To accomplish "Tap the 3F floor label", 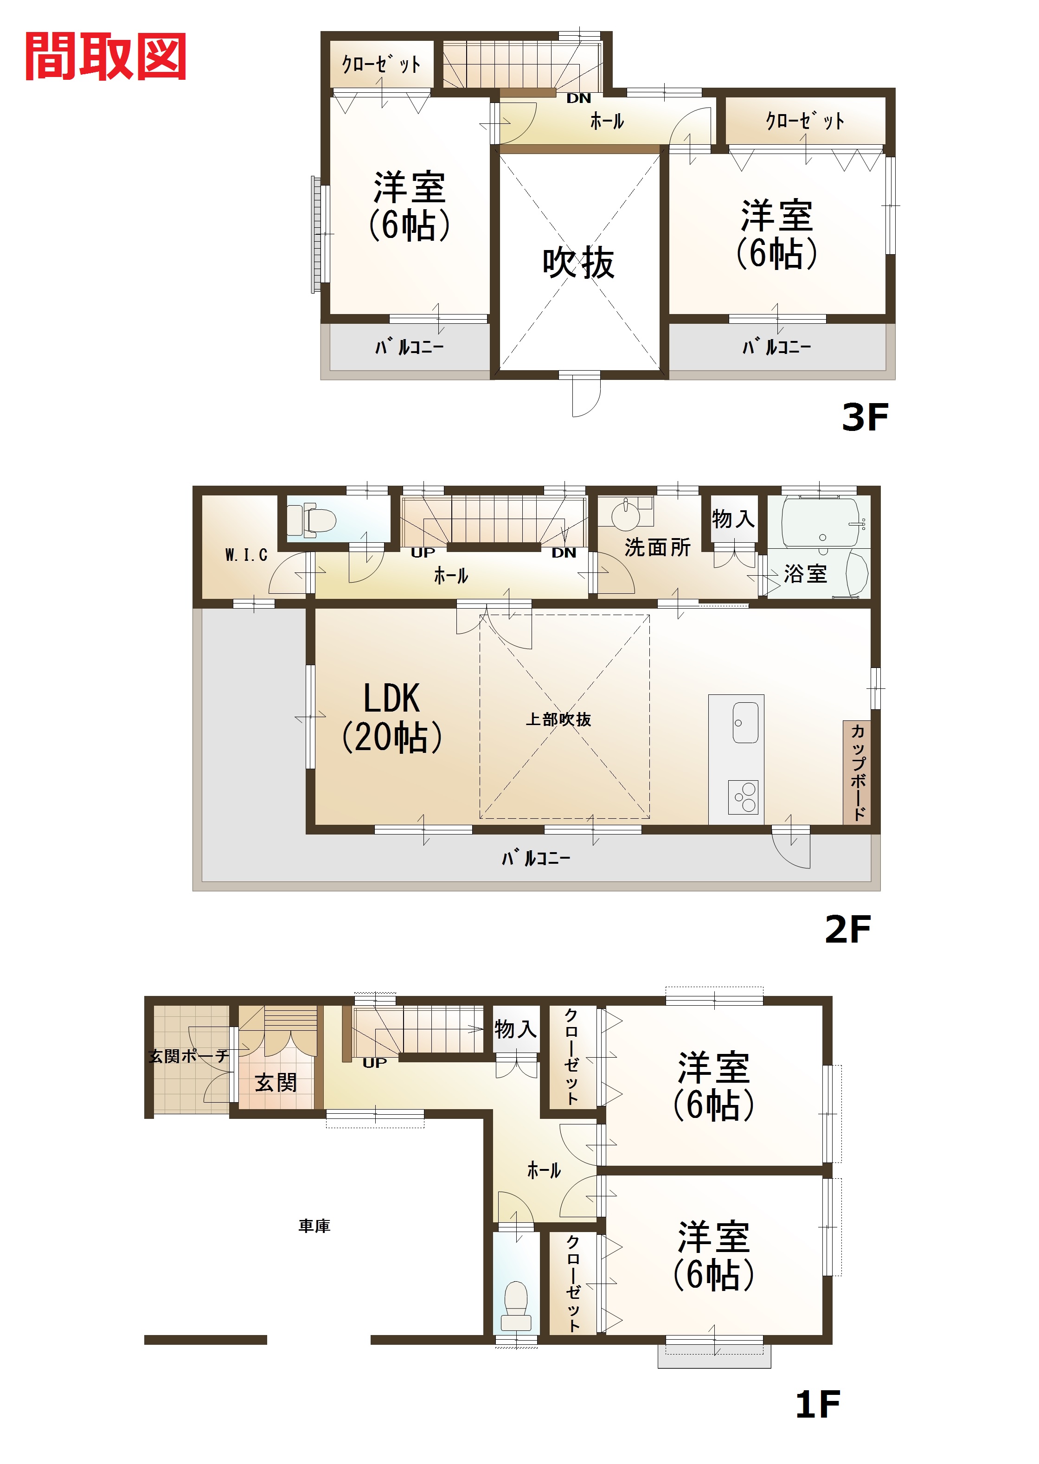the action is click(865, 417).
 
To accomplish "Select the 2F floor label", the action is click(848, 929).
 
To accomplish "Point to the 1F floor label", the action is click(817, 1405).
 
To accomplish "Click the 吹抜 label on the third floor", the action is click(578, 263).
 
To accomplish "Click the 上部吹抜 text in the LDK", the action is click(558, 720).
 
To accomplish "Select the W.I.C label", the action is click(246, 555).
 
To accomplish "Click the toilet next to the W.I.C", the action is click(312, 520).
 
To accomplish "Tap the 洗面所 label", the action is click(658, 548).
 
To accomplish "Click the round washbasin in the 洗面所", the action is click(624, 514).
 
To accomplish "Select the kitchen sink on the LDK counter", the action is click(745, 723).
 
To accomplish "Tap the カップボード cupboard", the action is click(857, 772).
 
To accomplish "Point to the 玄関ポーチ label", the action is click(189, 1056).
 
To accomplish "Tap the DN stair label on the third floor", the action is click(578, 98).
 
